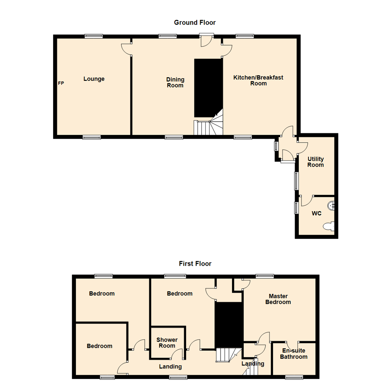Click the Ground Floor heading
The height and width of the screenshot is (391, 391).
pyautogui.click(x=195, y=23)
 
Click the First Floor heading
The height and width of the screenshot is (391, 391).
pyautogui.click(x=195, y=264)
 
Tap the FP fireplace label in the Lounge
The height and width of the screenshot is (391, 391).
pyautogui.click(x=61, y=83)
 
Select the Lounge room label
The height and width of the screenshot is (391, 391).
pyautogui.click(x=94, y=79)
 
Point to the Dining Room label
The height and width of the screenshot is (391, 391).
pyautogui.click(x=175, y=82)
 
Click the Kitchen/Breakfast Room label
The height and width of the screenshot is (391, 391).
pyautogui.click(x=258, y=80)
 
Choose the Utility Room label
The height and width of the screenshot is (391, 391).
pyautogui.click(x=315, y=162)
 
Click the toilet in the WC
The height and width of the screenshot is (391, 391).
pyautogui.click(x=328, y=226)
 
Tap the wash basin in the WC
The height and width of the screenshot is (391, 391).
pyautogui.click(x=331, y=206)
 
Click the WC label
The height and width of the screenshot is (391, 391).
pyautogui.click(x=316, y=214)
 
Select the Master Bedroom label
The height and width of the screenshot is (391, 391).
pyautogui.click(x=278, y=299)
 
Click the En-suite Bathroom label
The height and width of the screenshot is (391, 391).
pyautogui.click(x=294, y=354)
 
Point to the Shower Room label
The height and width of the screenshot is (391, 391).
pyautogui.click(x=167, y=342)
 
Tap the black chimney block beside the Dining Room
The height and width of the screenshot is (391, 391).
pyautogui.click(x=208, y=88)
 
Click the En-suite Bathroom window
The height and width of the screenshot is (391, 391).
pyautogui.click(x=294, y=377)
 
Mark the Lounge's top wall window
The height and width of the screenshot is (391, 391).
pyautogui.click(x=94, y=36)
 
